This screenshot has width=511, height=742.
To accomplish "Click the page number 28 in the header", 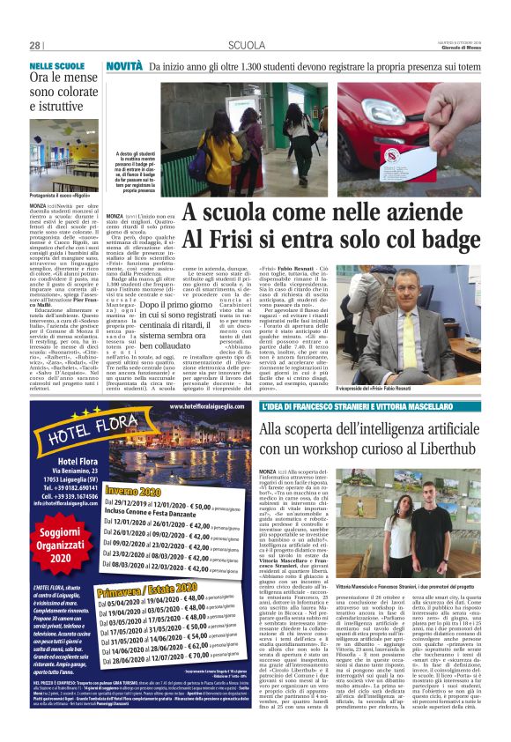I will pos(36,46).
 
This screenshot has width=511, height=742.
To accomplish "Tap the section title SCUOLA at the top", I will pos(246,46).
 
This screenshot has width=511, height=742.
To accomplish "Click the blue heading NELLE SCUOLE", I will pos(56,66).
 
